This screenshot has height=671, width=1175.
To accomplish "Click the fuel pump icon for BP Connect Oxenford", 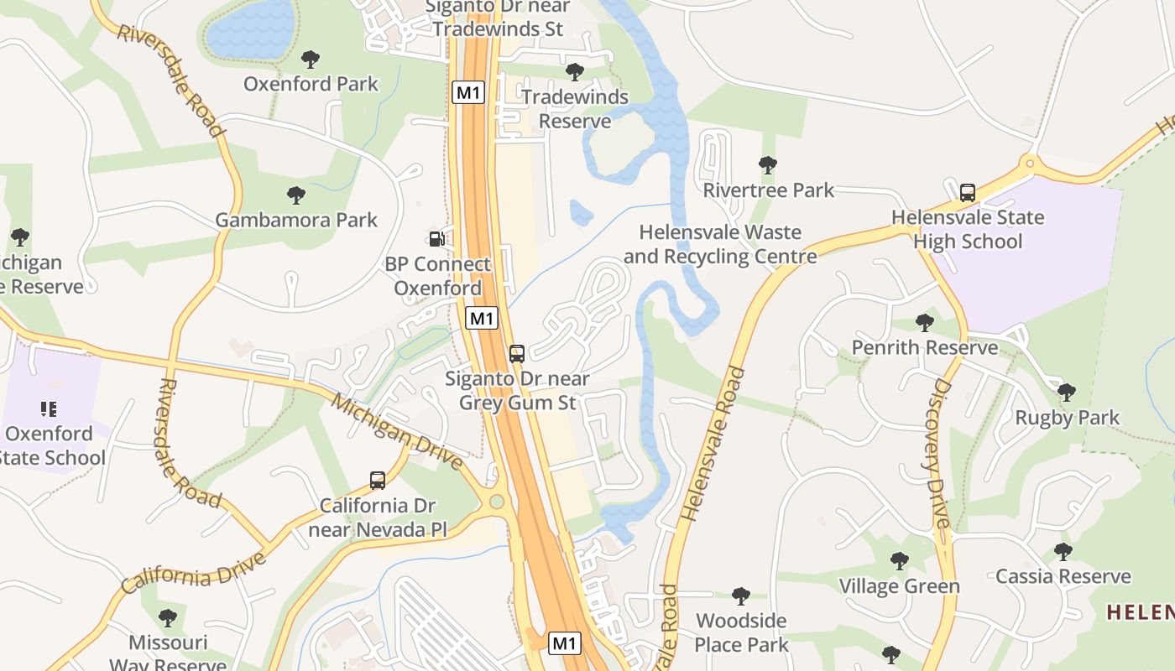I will click(436, 239).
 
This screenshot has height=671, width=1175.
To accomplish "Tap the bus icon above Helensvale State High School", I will click(968, 192).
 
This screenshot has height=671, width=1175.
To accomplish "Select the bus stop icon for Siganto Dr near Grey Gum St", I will click(517, 353).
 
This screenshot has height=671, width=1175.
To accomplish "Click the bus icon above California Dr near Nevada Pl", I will click(378, 481).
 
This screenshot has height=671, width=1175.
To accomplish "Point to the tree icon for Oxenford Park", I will click(311, 59).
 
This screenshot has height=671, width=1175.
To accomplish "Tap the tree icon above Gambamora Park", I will click(295, 195).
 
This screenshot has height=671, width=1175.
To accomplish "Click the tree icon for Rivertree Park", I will click(767, 165).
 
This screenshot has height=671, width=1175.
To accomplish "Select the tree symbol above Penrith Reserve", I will click(924, 322).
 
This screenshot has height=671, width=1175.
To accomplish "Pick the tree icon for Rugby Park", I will click(1067, 393).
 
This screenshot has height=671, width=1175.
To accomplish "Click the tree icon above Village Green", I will click(899, 560).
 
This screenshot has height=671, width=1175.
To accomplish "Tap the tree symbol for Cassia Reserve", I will click(1063, 551).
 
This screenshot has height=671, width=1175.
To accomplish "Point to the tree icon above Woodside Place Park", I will click(740, 596).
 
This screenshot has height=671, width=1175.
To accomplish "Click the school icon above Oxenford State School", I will click(49, 409).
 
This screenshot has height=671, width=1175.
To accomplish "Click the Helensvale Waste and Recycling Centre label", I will click(720, 244).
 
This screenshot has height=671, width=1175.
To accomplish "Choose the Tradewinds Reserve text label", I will click(575, 109).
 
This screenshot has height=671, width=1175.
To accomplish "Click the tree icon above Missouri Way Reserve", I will click(168, 618).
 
